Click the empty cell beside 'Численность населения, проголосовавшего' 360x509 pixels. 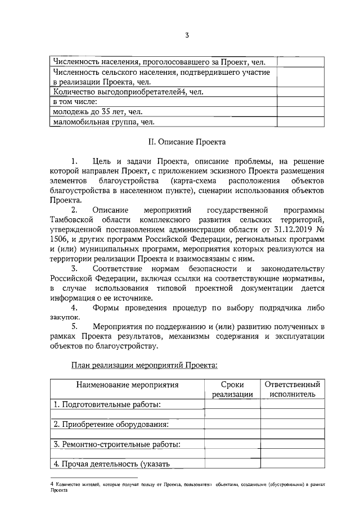tap(299, 62)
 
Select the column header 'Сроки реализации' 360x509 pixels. tap(232, 390)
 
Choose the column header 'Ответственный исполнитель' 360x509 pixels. tap(292, 390)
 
